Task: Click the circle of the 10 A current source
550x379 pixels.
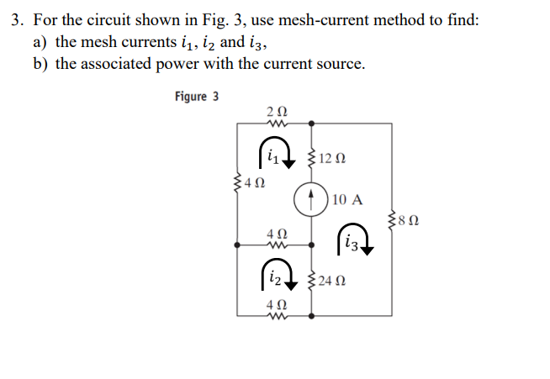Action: click(312, 200)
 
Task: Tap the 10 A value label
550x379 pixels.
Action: click(347, 200)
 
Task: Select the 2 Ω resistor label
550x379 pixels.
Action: click(276, 110)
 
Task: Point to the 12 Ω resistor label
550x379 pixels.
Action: click(334, 157)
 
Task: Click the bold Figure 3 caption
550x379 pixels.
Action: click(197, 97)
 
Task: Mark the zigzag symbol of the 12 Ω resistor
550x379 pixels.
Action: click(312, 157)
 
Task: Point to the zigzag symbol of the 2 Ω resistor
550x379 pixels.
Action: click(276, 124)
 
